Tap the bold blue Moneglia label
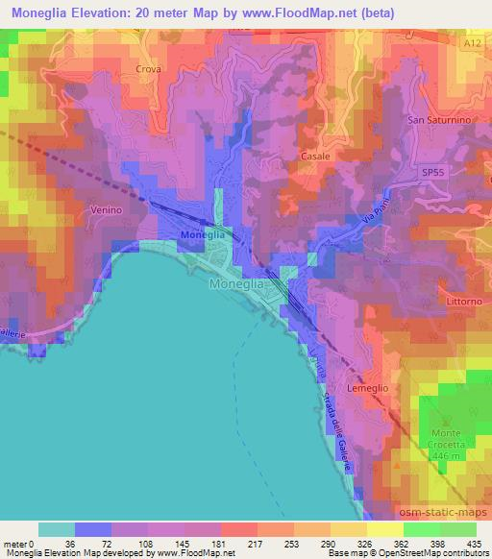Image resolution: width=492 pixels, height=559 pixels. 203,234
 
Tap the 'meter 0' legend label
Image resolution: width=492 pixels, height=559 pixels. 18,544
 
